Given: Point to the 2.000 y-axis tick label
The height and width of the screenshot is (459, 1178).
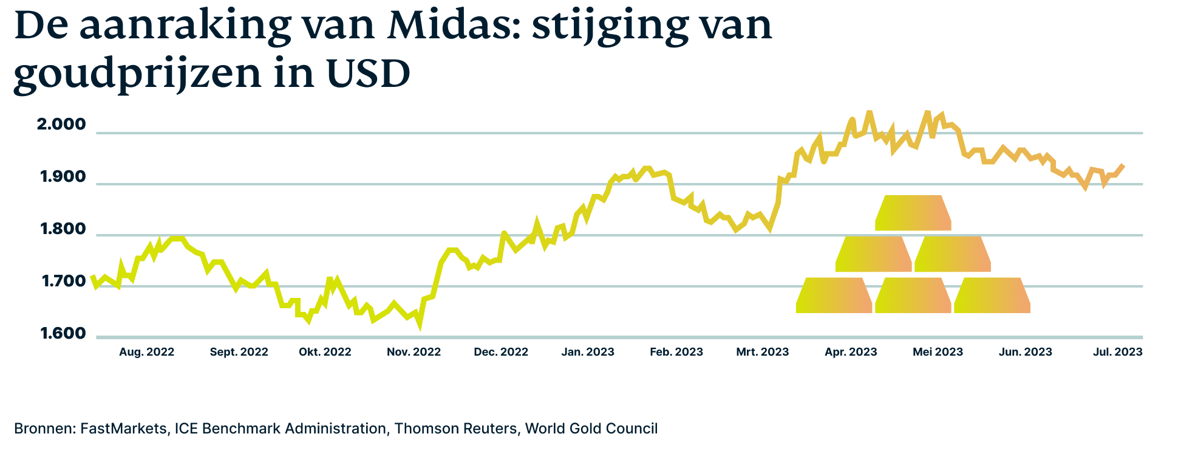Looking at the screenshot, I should [x=61, y=125].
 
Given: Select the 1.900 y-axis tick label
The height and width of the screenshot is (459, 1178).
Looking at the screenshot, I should [x=63, y=178].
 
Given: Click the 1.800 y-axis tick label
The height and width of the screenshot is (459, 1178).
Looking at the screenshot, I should [x=63, y=230].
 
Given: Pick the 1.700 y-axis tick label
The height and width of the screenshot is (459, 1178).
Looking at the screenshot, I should [x=63, y=282].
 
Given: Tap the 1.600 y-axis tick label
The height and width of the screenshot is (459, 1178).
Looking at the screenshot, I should [x=63, y=334].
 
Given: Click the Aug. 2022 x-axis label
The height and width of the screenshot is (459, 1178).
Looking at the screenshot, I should [x=146, y=352].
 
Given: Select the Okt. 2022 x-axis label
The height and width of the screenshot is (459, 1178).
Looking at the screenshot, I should [x=325, y=352].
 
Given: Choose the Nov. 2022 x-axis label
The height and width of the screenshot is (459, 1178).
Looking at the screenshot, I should [x=414, y=352].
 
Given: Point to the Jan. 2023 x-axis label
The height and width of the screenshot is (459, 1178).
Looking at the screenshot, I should [x=588, y=352].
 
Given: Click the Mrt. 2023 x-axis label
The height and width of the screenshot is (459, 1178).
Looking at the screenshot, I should [x=762, y=352].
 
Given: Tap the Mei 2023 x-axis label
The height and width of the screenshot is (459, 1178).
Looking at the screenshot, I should [x=938, y=352].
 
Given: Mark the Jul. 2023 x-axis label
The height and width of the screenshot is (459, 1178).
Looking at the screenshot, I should [x=1117, y=352].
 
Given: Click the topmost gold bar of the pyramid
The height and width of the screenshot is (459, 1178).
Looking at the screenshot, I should [x=913, y=213].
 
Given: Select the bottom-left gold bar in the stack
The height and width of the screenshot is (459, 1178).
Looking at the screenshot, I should [x=834, y=295].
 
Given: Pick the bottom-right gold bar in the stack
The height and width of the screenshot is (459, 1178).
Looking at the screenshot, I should [x=992, y=295].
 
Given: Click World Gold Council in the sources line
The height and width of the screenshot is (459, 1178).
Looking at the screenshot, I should [x=591, y=429].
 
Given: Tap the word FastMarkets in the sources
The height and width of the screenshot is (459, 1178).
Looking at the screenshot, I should [x=123, y=429].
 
